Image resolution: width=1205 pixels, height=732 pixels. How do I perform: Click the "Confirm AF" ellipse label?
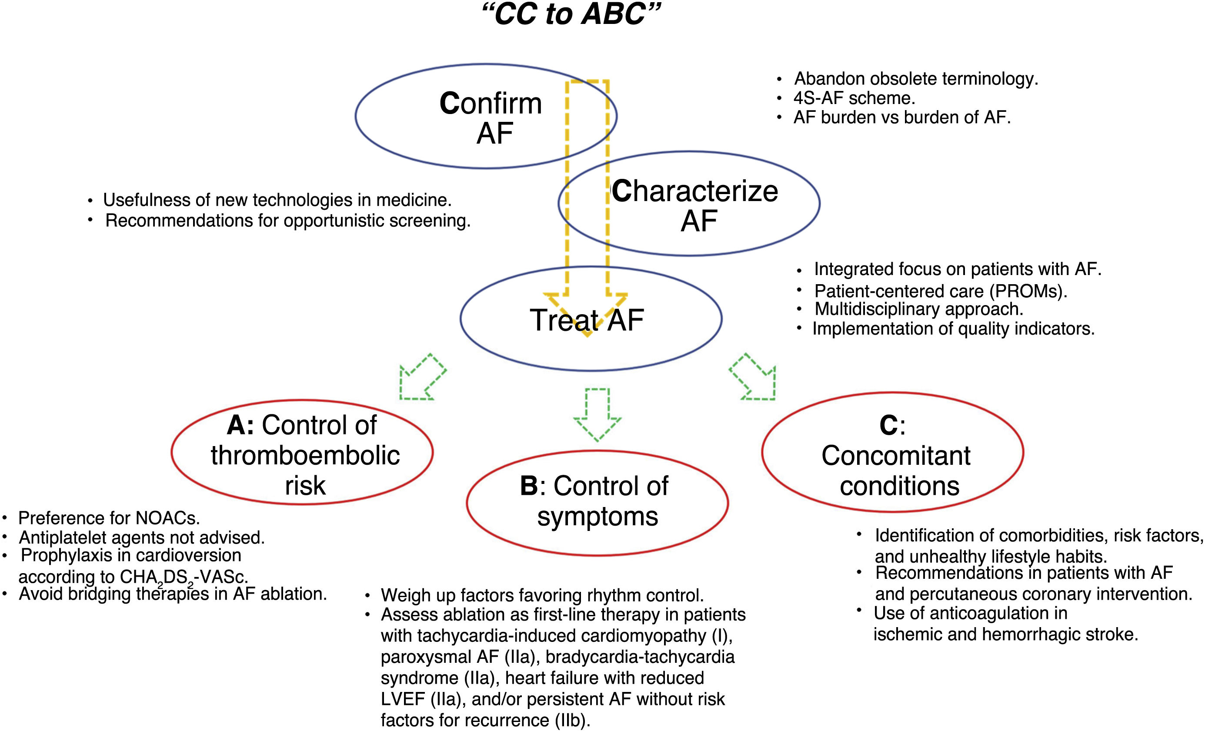pos(491,118)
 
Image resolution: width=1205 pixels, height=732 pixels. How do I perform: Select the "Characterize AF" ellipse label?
pos(694,205)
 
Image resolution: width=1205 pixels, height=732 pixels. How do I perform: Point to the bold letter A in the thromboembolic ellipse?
pos(239,425)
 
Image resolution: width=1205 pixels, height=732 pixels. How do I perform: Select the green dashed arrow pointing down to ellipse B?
pos(597,414)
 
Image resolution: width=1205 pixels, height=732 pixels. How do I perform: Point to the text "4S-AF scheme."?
pos(854,98)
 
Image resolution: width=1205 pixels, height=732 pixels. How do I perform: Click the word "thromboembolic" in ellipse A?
pos(305,456)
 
